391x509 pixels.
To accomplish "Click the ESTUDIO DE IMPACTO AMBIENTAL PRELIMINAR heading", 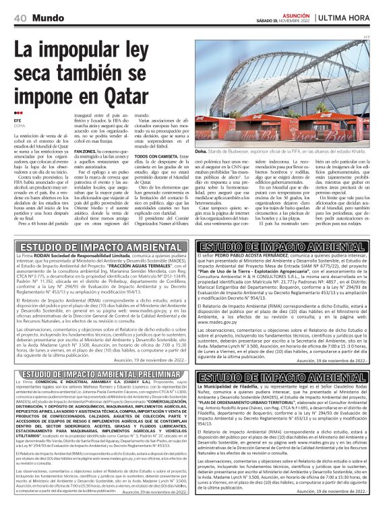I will pyautogui.click(x=99, y=375).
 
